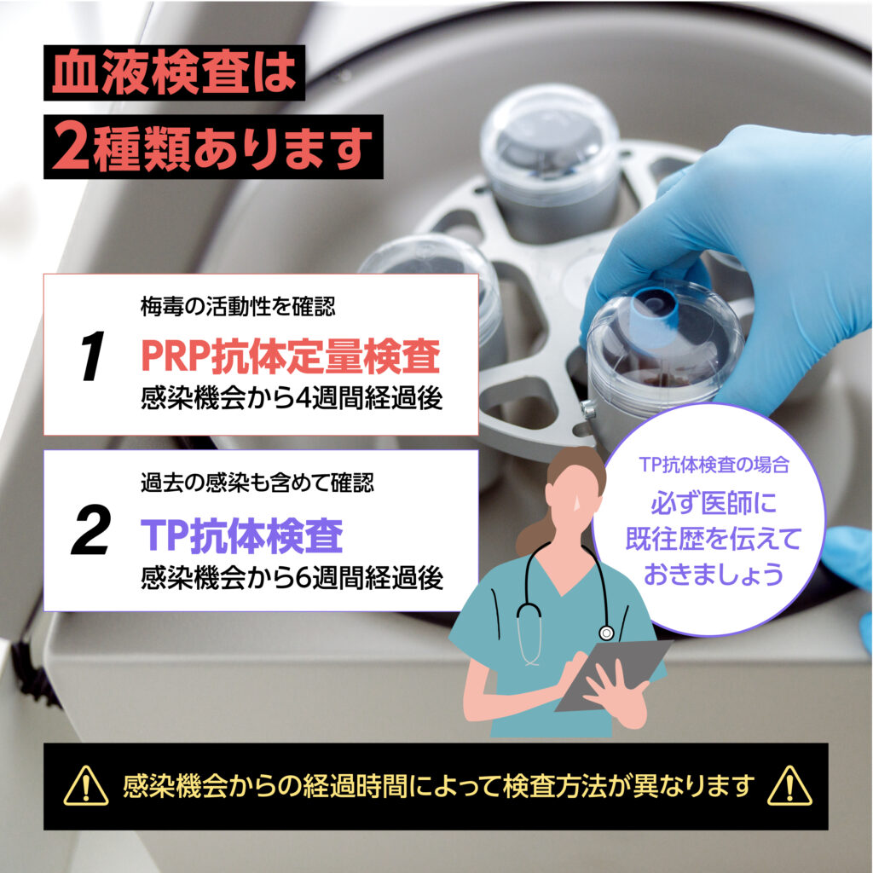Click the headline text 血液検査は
(174, 73)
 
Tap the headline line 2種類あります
(212, 147)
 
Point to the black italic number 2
(90, 529)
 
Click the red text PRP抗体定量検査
(291, 356)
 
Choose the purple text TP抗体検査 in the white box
(241, 535)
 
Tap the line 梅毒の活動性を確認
(238, 306)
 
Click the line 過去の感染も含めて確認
(257, 483)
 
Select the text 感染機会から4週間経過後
(292, 398)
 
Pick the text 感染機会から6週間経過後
(292, 577)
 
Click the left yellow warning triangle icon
(86, 785)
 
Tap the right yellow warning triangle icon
(789, 785)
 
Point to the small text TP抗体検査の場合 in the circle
(714, 465)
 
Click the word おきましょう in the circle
(714, 574)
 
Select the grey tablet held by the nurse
(612, 675)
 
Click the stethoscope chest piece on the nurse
(606, 633)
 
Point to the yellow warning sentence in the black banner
(439, 785)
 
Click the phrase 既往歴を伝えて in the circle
(714, 539)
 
